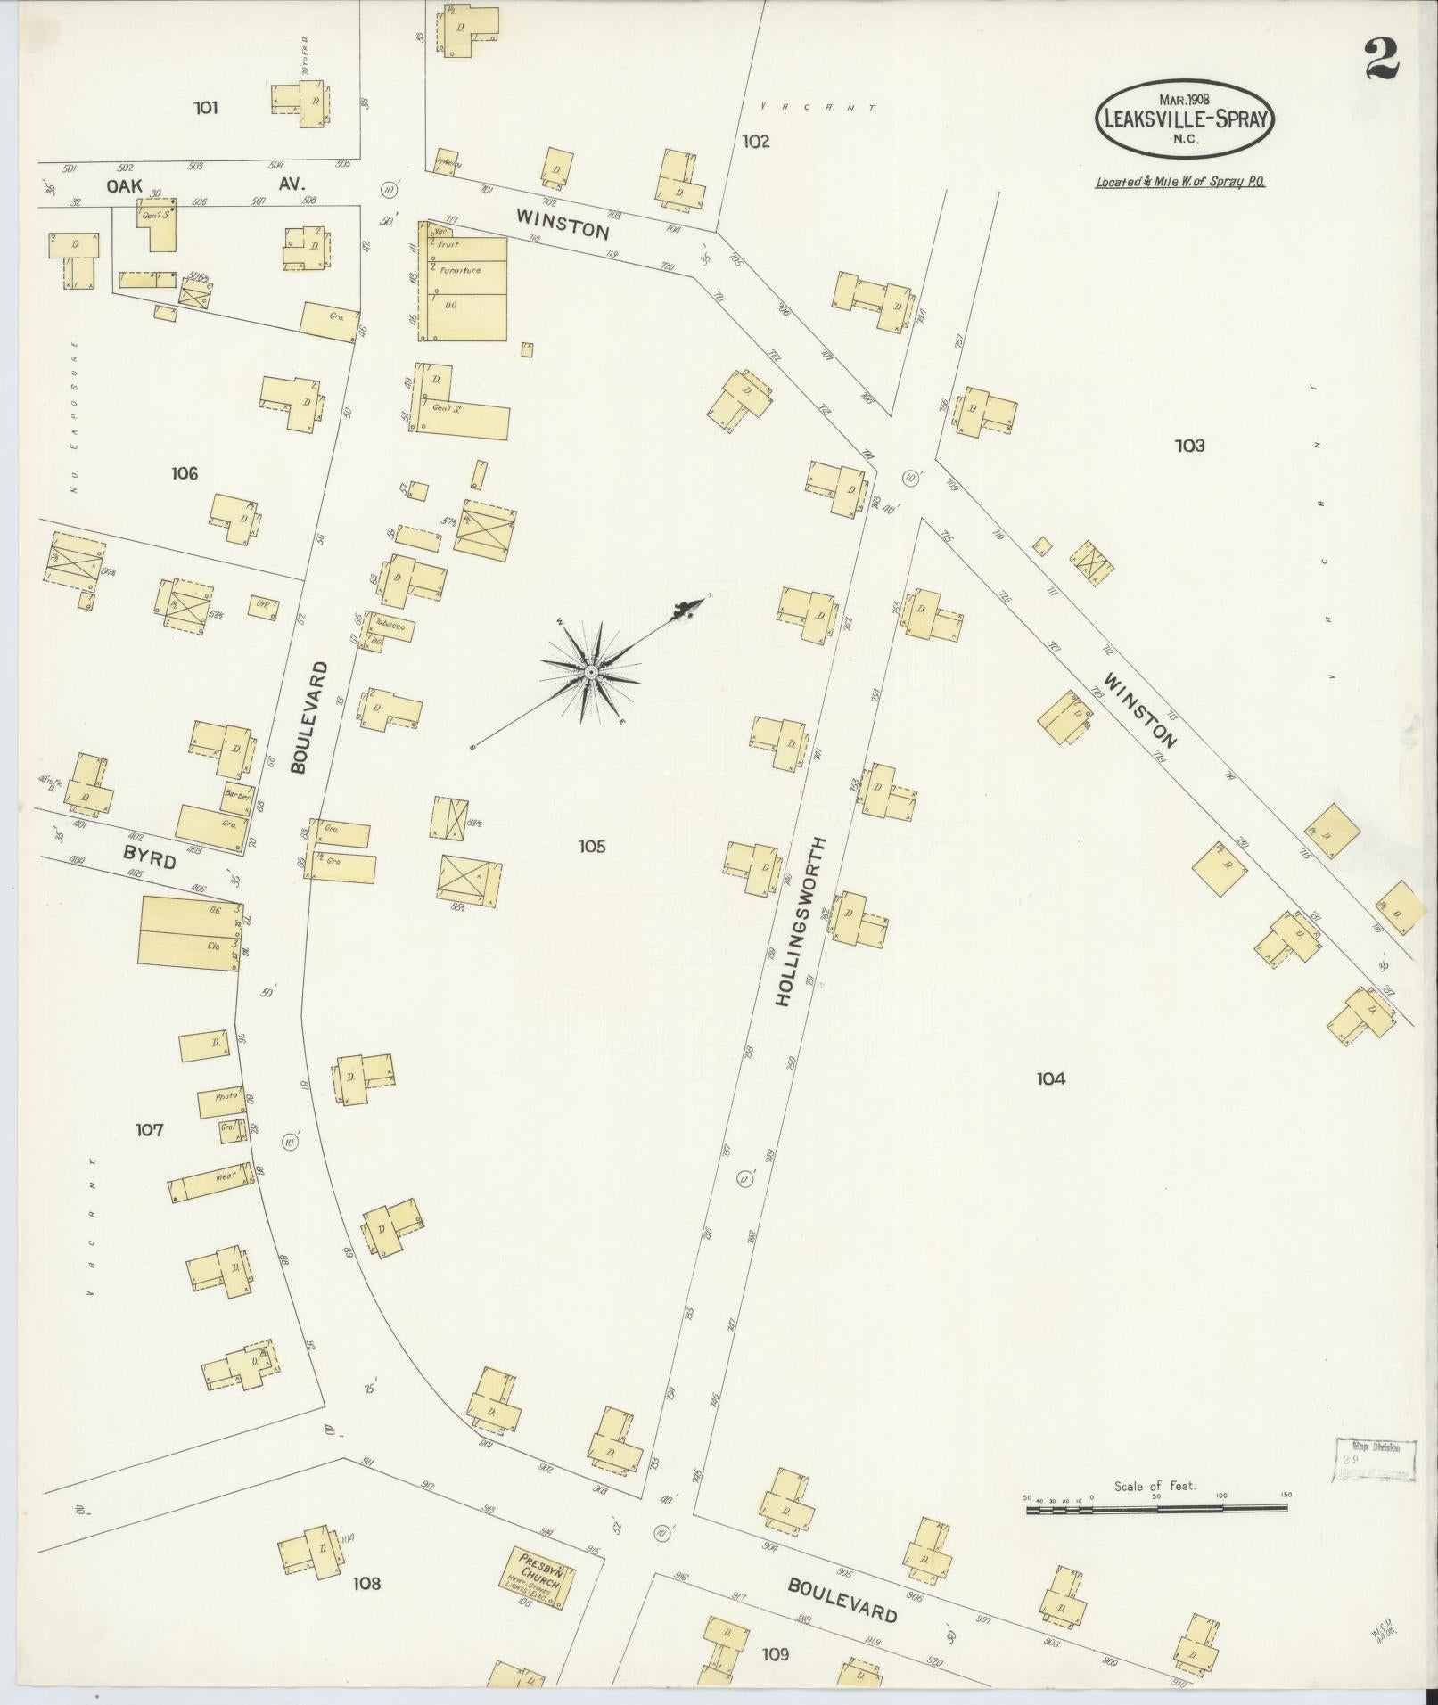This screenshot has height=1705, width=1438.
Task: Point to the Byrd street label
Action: pos(150,857)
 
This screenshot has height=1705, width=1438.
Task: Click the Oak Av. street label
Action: pos(205,185)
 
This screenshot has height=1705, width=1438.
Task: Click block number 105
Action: pos(591,846)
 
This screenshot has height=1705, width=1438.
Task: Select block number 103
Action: pos(1189,446)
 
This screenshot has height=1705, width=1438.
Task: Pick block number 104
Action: pos(1051,1079)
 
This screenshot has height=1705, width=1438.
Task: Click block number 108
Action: pos(366,1583)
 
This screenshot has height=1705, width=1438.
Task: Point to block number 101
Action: pos(205,109)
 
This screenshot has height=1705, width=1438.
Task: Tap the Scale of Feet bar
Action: pos(1156,1509)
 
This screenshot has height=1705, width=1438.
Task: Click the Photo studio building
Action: pos(220,1102)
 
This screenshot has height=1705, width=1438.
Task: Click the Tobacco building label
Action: pos(389,625)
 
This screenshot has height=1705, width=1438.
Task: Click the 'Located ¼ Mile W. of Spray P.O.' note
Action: pos(1180,182)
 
